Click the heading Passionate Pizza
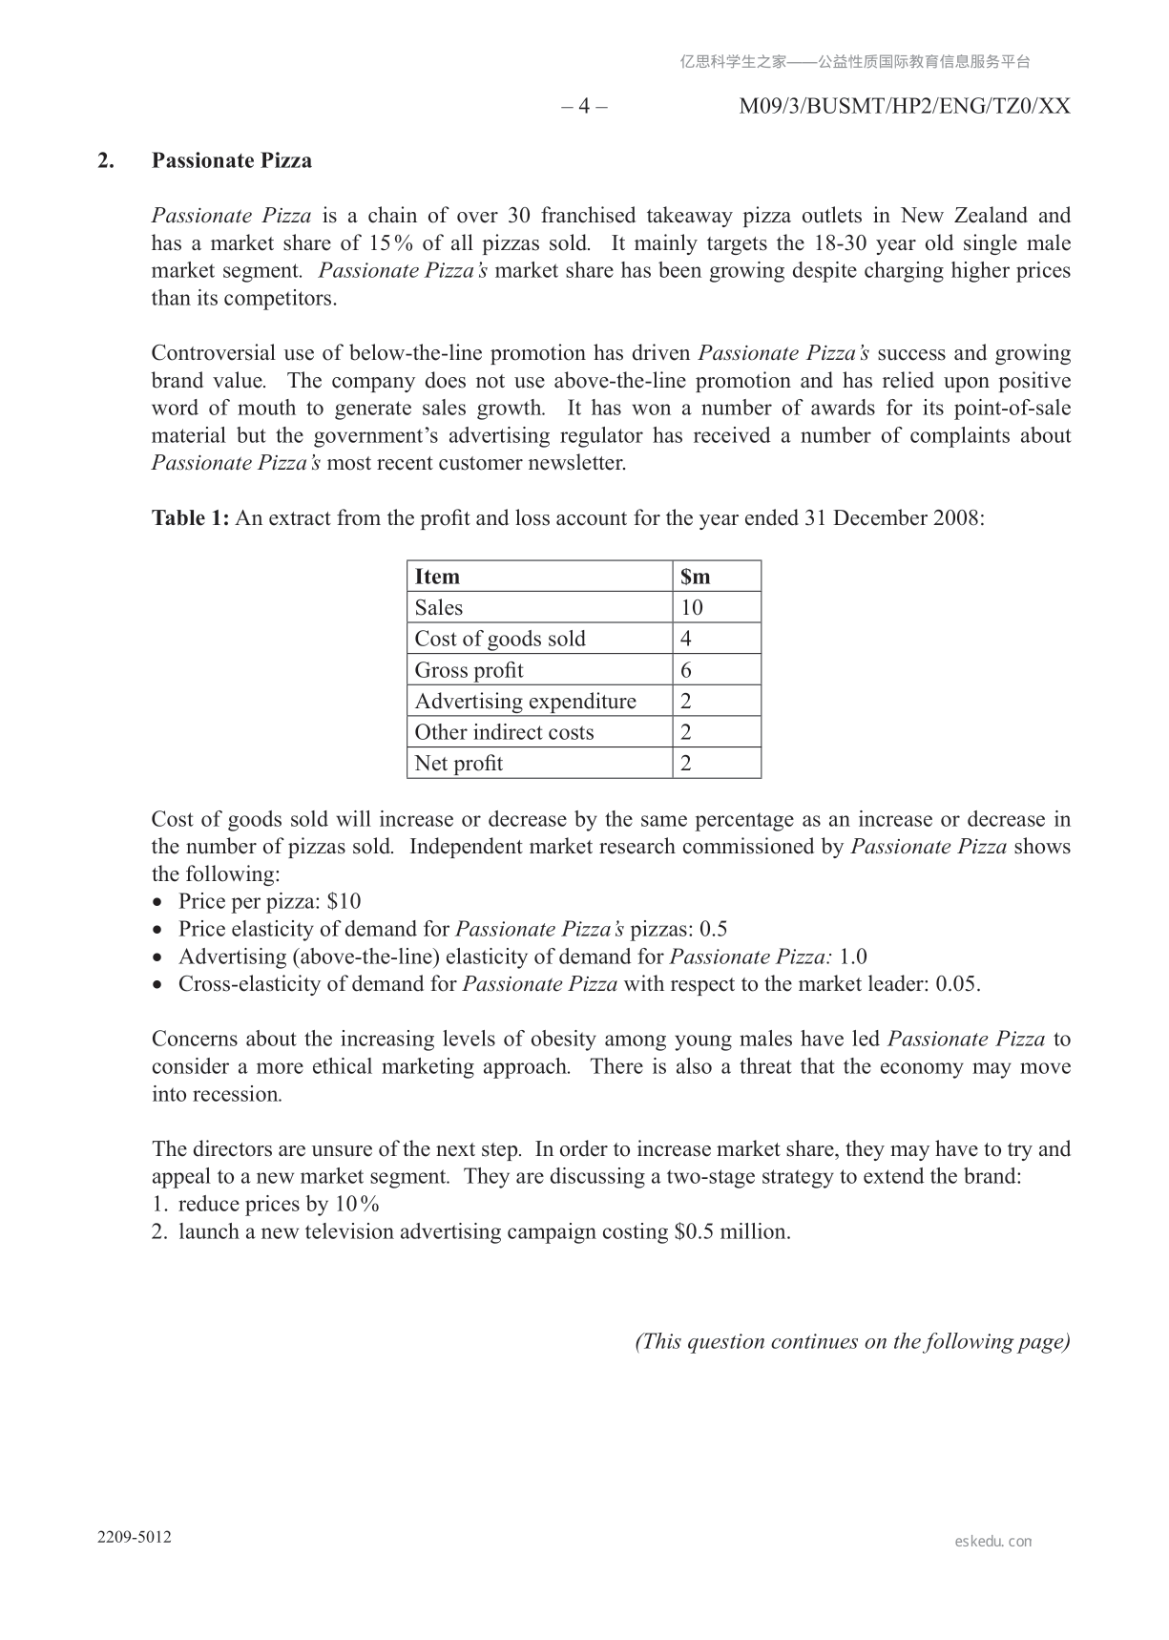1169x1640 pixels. [231, 160]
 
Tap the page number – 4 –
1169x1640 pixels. [584, 106]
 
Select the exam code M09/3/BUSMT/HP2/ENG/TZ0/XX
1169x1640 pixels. [905, 106]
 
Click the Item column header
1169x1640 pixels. [437, 577]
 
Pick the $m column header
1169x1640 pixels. [696, 577]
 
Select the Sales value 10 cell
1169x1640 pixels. [692, 608]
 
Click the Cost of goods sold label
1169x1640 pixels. [500, 639]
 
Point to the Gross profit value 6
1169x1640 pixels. [686, 670]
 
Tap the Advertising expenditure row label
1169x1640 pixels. [525, 702]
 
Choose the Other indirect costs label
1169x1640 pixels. [504, 732]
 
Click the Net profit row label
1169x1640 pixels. [458, 764]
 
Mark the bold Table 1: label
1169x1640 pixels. [190, 518]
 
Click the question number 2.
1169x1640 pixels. [105, 160]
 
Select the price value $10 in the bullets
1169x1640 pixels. [344, 902]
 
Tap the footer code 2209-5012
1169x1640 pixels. [135, 1537]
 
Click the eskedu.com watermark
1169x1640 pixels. [992, 1541]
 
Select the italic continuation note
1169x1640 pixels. [852, 1341]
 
